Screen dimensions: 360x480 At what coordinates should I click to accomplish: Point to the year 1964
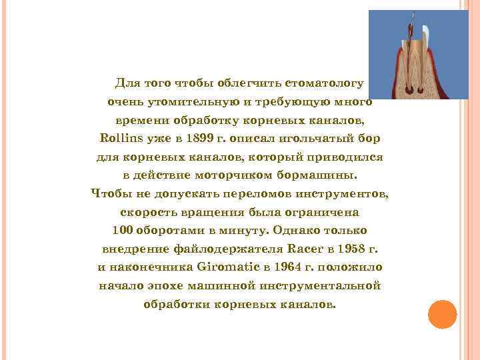coord(281,267)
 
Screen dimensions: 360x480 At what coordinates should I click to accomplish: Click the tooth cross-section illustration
coord(419,55)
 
